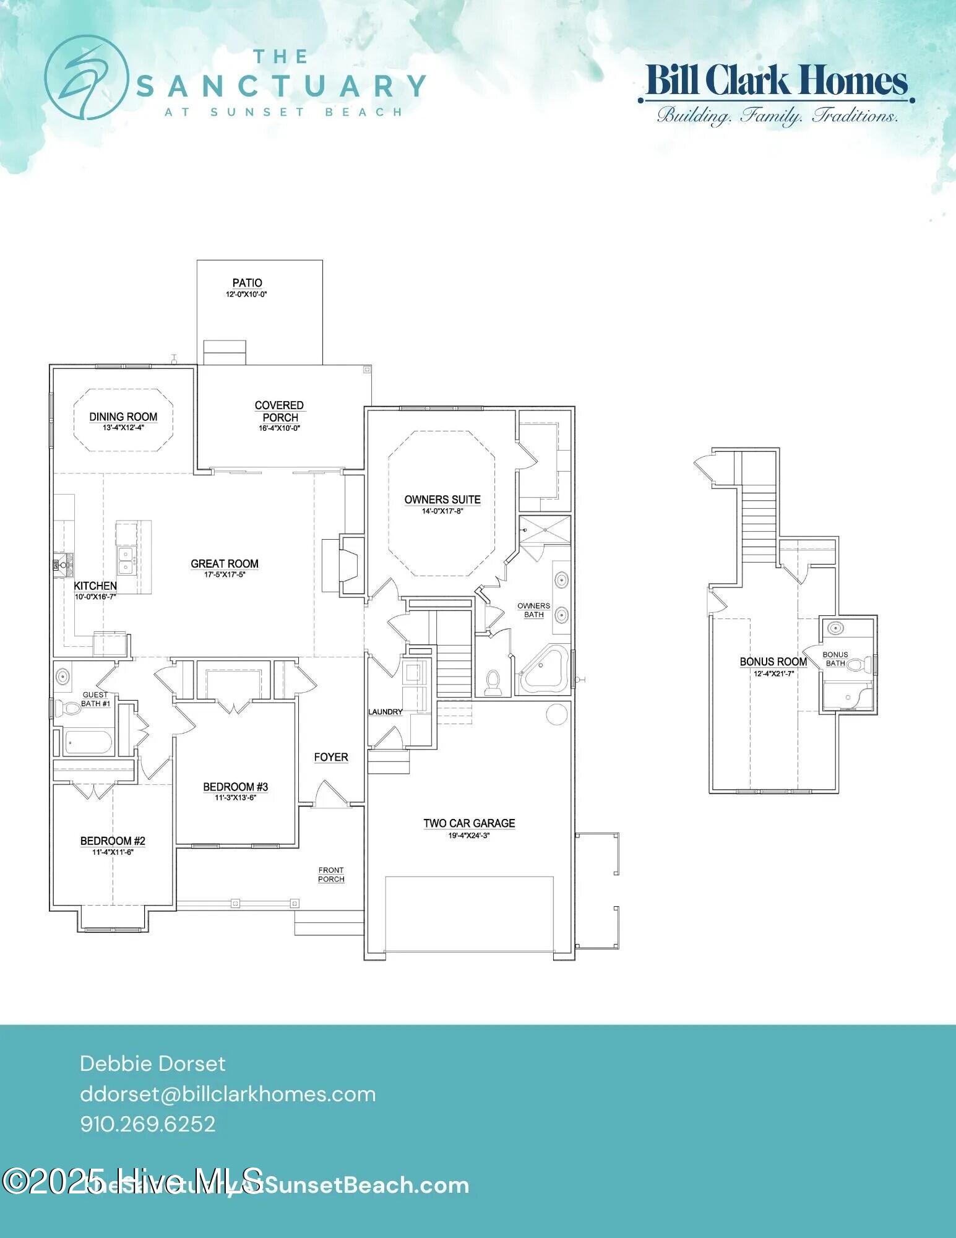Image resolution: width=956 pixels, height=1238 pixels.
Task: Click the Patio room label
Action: pyautogui.click(x=247, y=283)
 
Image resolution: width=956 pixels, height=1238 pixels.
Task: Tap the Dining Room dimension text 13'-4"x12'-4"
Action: pyautogui.click(x=123, y=428)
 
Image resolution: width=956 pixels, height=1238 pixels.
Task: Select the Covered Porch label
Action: pyautogui.click(x=280, y=411)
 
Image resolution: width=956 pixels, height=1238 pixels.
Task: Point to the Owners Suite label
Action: pyautogui.click(x=442, y=500)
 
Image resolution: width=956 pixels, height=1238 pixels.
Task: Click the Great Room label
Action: pyautogui.click(x=225, y=563)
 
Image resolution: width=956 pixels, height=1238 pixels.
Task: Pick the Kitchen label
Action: pyautogui.click(x=95, y=586)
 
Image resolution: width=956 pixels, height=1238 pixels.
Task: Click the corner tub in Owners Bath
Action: pyautogui.click(x=544, y=670)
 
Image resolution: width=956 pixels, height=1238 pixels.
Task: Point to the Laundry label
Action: pyautogui.click(x=385, y=712)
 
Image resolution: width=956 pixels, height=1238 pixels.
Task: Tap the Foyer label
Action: pyautogui.click(x=331, y=757)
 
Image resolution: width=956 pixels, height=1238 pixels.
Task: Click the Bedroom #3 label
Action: pyautogui.click(x=235, y=787)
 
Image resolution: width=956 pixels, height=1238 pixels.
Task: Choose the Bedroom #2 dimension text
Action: pyautogui.click(x=113, y=852)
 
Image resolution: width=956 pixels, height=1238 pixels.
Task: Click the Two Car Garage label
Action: pyautogui.click(x=469, y=823)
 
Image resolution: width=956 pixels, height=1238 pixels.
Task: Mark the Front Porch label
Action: pyautogui.click(x=331, y=875)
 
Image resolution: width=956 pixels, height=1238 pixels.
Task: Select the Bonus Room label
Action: pyautogui.click(x=773, y=662)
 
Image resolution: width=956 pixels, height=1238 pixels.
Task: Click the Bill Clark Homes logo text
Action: pyautogui.click(x=777, y=82)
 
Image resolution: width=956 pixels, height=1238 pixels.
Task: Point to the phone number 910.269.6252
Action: pyautogui.click(x=148, y=1123)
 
